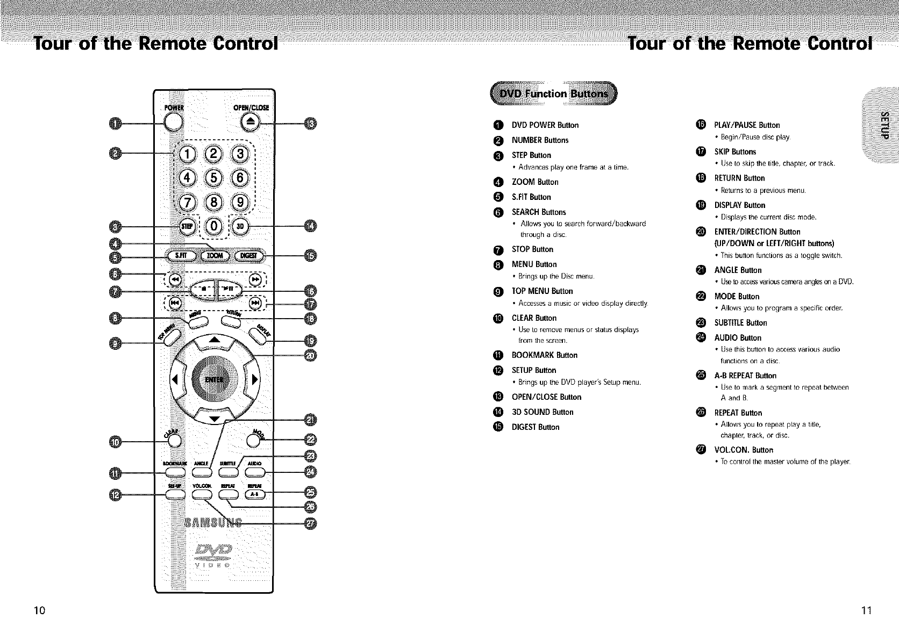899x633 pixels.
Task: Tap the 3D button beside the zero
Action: (x=241, y=226)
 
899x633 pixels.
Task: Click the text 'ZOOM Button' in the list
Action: (x=534, y=182)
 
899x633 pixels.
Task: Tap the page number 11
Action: (x=865, y=610)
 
